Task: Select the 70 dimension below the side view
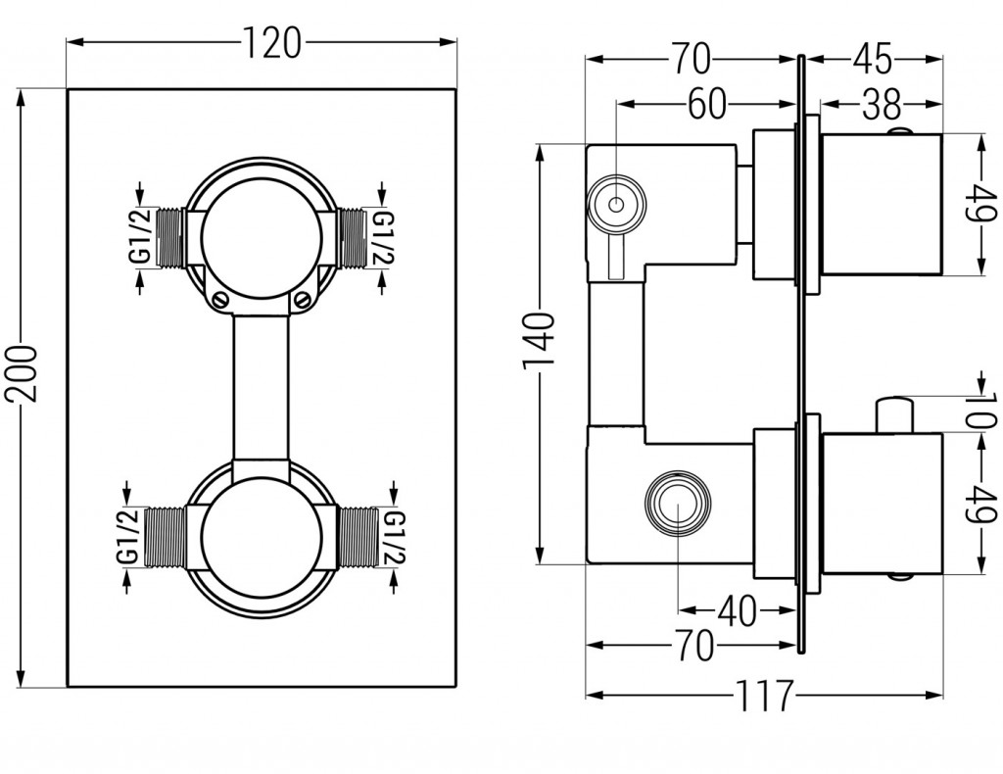click(690, 646)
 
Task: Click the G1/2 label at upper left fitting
click(140, 236)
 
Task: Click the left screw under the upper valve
click(219, 299)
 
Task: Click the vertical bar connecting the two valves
click(261, 387)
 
